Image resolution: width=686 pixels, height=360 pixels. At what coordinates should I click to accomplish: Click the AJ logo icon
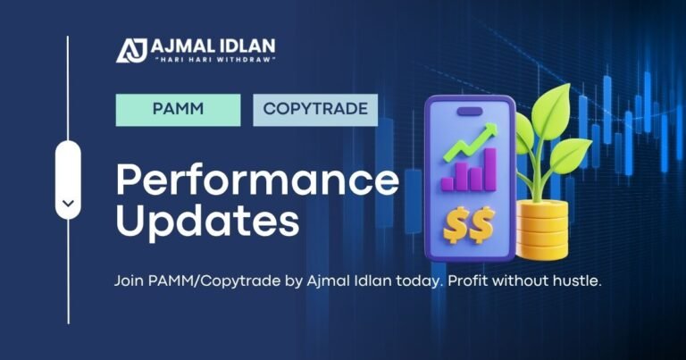tap(131, 49)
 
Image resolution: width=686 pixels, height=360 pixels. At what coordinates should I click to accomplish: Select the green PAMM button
tap(178, 110)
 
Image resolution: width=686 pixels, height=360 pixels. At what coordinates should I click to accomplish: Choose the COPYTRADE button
tap(314, 110)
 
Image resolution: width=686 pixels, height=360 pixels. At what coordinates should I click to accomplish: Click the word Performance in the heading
tap(257, 181)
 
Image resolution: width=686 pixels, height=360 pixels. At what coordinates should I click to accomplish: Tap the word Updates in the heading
tap(207, 221)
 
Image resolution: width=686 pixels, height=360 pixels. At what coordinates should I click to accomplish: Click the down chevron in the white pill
tap(68, 204)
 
